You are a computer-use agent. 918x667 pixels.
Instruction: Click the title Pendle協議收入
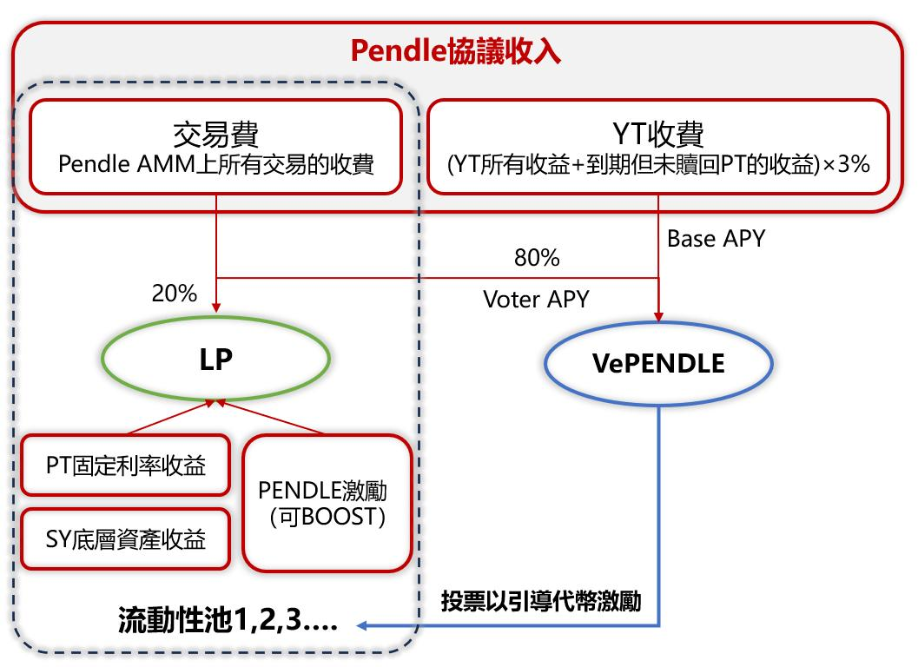pyautogui.click(x=456, y=51)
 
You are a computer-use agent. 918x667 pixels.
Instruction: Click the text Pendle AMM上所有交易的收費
pyautogui.click(x=215, y=164)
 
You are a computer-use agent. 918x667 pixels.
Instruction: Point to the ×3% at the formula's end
pyautogui.click(x=846, y=164)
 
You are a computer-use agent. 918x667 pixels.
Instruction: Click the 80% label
pyautogui.click(x=537, y=258)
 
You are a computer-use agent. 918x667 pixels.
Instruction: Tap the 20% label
pyautogui.click(x=175, y=294)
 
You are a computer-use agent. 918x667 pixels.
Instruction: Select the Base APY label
pyautogui.click(x=716, y=239)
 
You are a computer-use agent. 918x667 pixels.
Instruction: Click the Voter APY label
pyautogui.click(x=536, y=300)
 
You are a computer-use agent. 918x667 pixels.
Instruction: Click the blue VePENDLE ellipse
pyautogui.click(x=658, y=364)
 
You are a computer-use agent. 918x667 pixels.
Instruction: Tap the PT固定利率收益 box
pyautogui.click(x=126, y=465)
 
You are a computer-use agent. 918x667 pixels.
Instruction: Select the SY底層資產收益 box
pyautogui.click(x=126, y=539)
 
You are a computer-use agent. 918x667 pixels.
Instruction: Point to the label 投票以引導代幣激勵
pyautogui.click(x=541, y=601)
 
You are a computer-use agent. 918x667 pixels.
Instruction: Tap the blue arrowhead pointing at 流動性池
pyautogui.click(x=365, y=624)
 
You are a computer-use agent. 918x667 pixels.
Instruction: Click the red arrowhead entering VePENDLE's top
pyautogui.click(x=658, y=316)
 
